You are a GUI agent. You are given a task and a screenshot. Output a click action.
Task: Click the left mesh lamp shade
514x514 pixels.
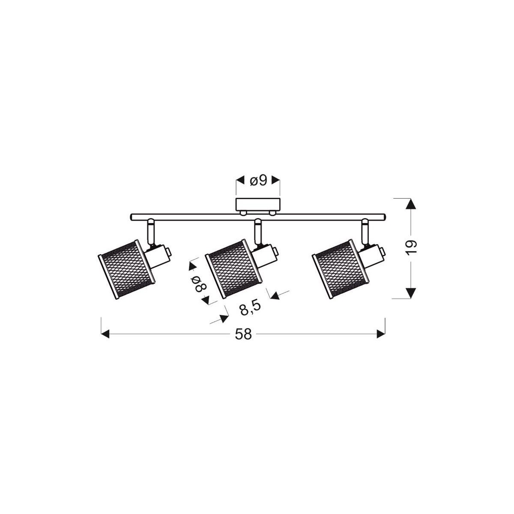125,269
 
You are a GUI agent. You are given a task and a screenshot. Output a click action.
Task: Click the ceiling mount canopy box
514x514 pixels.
258,204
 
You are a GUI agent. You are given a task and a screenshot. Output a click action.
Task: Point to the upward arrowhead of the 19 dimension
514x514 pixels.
411,204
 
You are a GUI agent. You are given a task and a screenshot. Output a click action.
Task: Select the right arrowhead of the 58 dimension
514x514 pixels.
380,334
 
